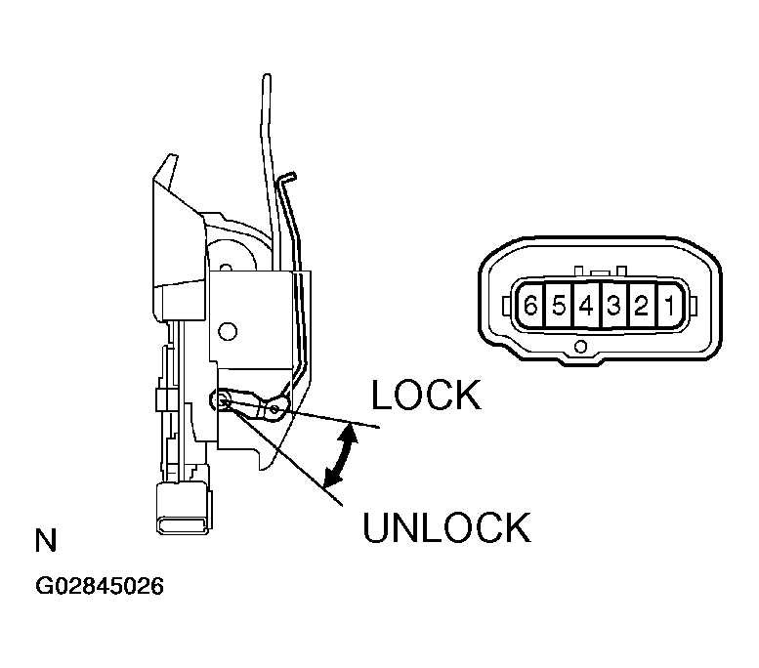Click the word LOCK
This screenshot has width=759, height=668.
(426, 396)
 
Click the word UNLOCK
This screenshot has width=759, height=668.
(446, 527)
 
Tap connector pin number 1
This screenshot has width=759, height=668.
(670, 306)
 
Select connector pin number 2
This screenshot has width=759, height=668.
(642, 306)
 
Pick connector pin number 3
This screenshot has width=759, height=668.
(613, 306)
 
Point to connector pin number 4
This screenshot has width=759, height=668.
(586, 306)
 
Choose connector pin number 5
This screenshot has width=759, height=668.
(558, 306)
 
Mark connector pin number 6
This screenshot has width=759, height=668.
(530, 306)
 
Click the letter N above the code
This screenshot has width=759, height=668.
(45, 540)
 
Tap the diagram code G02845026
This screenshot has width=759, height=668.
(100, 588)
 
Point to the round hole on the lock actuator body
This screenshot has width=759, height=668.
(228, 331)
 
